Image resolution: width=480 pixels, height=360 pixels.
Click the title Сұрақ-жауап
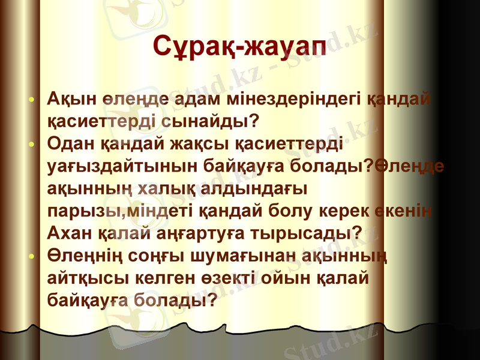click(x=239, y=46)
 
